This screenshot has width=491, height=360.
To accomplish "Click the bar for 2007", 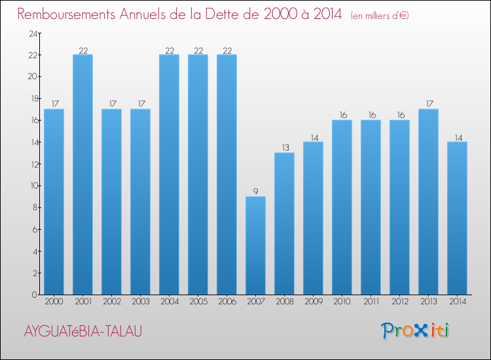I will click(255, 245).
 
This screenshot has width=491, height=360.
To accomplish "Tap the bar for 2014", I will click(457, 218).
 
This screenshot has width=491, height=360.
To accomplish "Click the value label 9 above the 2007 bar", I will click(255, 192).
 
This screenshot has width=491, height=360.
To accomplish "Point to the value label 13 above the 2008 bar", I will click(284, 148).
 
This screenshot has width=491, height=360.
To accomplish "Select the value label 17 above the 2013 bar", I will click(428, 104).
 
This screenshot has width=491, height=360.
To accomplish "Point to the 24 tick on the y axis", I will click(32, 33).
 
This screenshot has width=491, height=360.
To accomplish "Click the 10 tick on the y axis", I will click(32, 186).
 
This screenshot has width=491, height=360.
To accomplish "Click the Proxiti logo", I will click(416, 331).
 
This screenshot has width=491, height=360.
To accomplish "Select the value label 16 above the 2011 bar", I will click(371, 115).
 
